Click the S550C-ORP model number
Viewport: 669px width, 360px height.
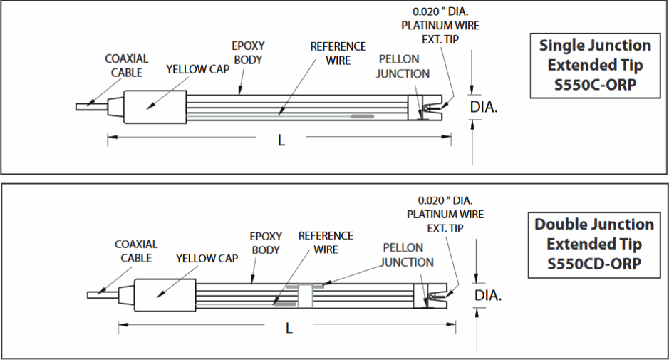tap(594, 85)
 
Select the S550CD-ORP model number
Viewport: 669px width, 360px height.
tap(594, 264)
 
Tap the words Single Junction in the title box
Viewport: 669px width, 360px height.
tap(595, 46)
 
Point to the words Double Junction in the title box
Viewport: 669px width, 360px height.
tap(594, 225)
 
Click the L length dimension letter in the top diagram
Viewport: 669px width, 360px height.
tap(281, 140)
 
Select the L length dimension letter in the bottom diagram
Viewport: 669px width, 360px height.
tap(289, 327)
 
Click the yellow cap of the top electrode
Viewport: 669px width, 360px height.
tap(155, 106)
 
